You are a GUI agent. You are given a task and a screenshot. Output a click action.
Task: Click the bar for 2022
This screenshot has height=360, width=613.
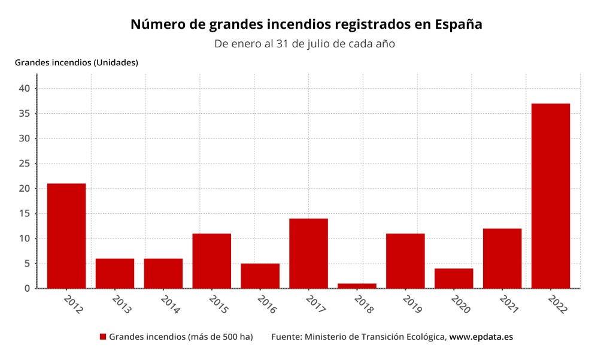550,196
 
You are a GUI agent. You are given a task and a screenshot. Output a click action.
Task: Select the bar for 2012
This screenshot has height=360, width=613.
66,235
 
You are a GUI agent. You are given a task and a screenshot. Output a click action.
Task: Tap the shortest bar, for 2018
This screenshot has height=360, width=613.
357,286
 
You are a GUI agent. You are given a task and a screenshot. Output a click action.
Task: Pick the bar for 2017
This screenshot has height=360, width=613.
308,253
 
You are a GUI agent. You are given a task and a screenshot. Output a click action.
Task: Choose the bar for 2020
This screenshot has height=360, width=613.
454,278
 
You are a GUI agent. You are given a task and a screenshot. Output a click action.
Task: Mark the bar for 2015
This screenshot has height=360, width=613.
211,261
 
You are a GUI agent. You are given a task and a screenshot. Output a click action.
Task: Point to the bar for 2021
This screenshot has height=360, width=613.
502,258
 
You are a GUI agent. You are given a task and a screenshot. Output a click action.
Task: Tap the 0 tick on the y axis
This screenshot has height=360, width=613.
28,288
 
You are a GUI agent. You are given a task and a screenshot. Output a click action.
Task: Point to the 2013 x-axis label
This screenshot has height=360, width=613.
122,304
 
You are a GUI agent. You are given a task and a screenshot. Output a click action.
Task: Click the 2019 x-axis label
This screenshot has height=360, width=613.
412,304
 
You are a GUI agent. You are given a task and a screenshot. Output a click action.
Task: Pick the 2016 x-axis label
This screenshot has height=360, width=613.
267,304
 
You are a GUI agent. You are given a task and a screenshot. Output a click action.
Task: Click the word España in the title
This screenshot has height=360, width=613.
459,25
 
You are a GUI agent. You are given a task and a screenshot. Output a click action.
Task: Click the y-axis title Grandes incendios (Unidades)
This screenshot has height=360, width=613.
77,62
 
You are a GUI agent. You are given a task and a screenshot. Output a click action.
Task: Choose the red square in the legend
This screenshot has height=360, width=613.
103,337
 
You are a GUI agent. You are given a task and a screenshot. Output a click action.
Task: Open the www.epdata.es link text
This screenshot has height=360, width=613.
481,337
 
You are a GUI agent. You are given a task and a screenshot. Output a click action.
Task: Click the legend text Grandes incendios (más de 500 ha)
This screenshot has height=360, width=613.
181,337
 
